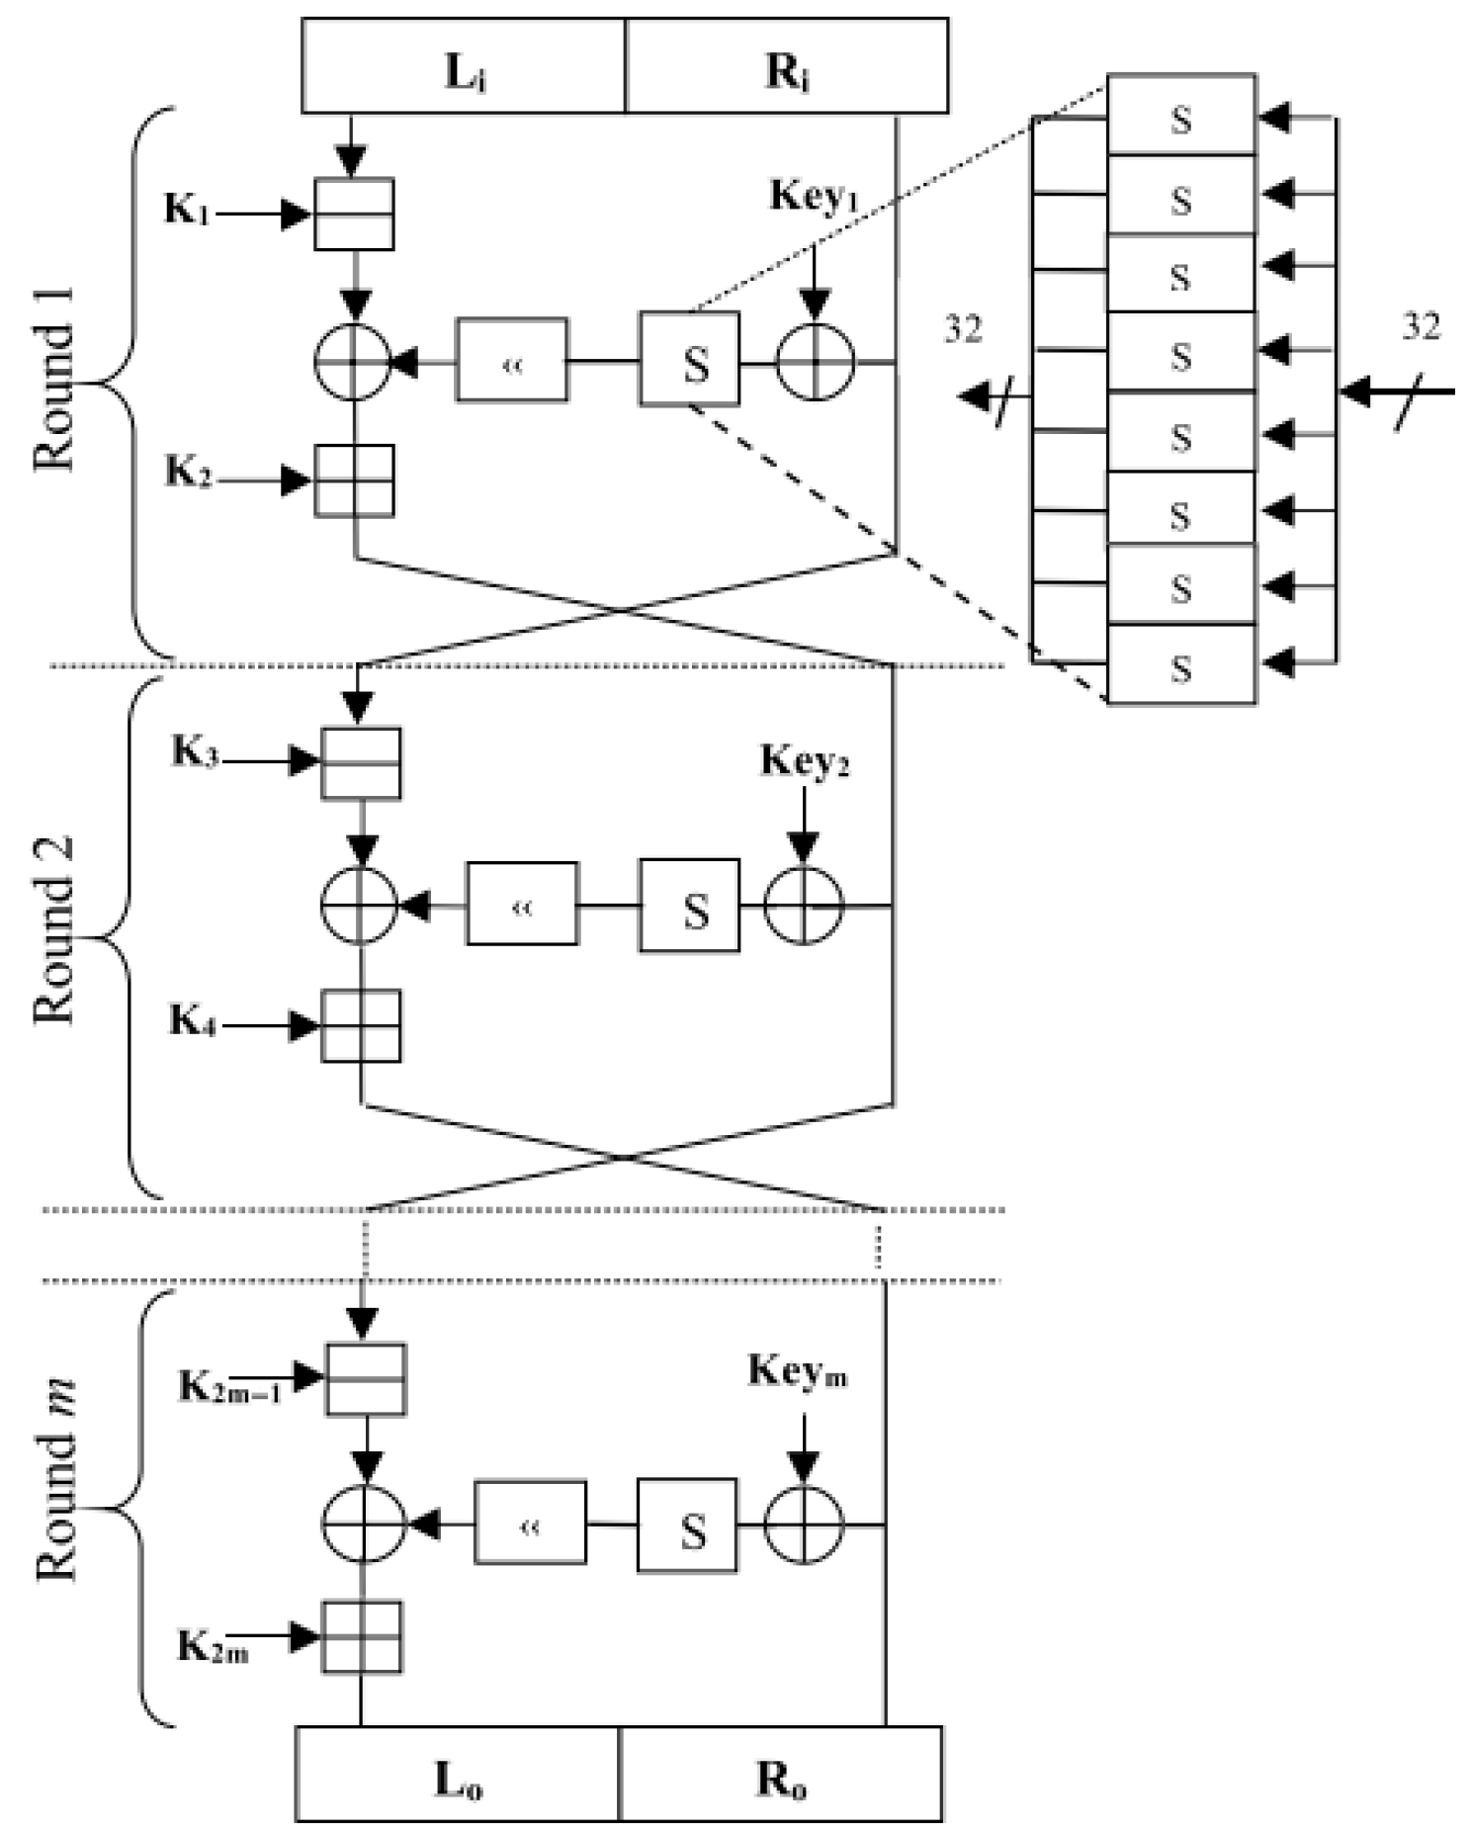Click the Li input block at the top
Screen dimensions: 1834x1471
click(463, 66)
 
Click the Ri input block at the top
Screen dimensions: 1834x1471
click(786, 66)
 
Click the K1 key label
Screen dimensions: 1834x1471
click(186, 211)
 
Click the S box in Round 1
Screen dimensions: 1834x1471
click(689, 359)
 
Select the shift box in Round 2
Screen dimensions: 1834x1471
click(522, 903)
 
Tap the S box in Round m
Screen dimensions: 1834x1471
click(687, 1524)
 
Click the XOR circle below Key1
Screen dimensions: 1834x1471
click(815, 362)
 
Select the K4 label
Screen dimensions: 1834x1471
click(192, 1019)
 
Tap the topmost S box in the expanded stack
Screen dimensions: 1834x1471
click(1181, 116)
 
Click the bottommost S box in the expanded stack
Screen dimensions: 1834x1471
click(1181, 666)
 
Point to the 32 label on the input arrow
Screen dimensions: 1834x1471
click(1421, 326)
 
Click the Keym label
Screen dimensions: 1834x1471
click(797, 1371)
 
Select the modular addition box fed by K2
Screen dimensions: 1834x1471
click(354, 480)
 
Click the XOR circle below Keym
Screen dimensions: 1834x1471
click(804, 1524)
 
